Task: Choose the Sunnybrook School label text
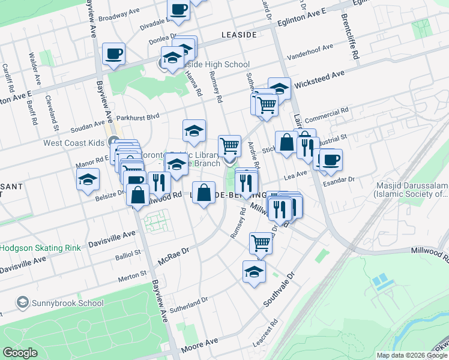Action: (68, 302)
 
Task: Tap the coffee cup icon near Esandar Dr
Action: (330, 160)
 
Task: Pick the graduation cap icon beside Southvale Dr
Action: (254, 271)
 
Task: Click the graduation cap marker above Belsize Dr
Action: (88, 179)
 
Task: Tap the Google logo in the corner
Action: (20, 353)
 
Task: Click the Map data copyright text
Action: (412, 355)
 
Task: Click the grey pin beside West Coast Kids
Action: (113, 142)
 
